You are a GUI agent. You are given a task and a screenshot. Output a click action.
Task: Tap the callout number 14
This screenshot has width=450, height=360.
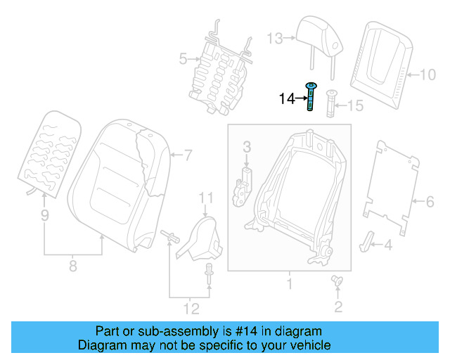[x=287, y=99]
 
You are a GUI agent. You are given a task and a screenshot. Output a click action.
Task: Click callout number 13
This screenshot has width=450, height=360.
[x=274, y=37]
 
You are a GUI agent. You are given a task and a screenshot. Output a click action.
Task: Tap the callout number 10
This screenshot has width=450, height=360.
[x=428, y=72]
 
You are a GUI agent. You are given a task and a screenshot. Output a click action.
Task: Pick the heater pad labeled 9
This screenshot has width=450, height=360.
[x=48, y=151]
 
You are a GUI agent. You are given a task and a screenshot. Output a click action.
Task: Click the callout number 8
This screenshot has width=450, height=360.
[x=72, y=266]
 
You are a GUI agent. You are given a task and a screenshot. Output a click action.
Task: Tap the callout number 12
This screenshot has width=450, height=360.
[x=191, y=307]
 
